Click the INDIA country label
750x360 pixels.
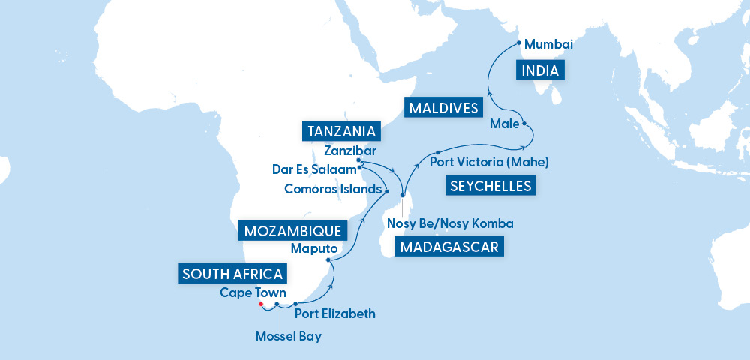click(x=540, y=71)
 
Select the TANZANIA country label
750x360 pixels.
click(x=342, y=131)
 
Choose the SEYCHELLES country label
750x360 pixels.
click(x=490, y=185)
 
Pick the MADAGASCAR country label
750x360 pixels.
click(x=449, y=247)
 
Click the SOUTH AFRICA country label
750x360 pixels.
click(x=232, y=274)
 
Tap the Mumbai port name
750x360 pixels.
click(x=548, y=45)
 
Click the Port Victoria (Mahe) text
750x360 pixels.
click(x=490, y=160)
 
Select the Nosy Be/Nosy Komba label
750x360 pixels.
click(x=450, y=223)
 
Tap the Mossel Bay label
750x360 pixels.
click(x=288, y=336)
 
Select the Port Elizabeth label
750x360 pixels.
click(x=334, y=313)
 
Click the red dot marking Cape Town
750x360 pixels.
click(x=261, y=304)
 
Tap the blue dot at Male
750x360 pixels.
click(x=524, y=123)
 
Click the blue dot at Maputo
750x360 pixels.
click(x=328, y=260)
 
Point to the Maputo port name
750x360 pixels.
click(x=314, y=247)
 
